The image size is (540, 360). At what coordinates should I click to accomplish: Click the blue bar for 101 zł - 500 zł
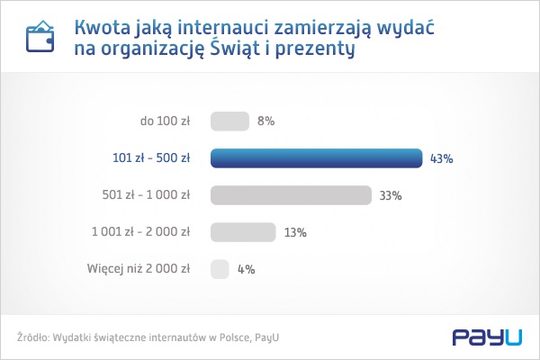(x=316, y=158)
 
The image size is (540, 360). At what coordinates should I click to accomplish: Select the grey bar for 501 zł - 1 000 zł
(x=291, y=195)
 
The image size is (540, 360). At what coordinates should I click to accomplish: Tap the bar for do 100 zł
(x=229, y=121)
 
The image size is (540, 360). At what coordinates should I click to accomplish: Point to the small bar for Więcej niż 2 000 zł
(x=220, y=268)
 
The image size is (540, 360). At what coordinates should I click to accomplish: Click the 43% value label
(x=441, y=158)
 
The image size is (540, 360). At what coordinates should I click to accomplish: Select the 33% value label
(x=390, y=195)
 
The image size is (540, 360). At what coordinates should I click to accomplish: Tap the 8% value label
(x=265, y=121)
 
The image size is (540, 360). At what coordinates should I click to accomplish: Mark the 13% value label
(x=295, y=232)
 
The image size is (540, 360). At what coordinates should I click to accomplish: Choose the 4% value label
(x=246, y=268)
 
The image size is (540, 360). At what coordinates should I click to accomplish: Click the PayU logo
(x=487, y=337)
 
